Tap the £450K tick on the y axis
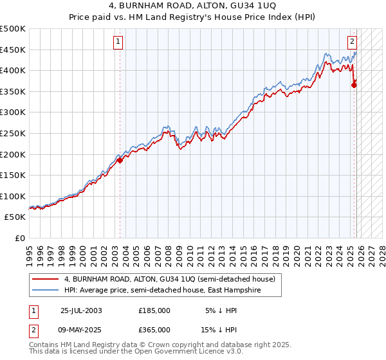click(13, 50)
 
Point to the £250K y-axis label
click(13, 133)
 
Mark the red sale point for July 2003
click(120, 161)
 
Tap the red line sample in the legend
click(46, 279)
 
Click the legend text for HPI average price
click(172, 291)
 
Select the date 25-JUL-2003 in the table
click(81, 310)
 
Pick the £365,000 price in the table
click(154, 329)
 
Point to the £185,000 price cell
click(154, 310)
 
